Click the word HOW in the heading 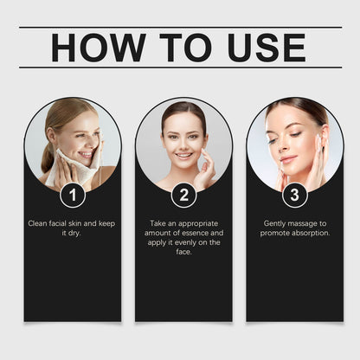pyautogui.click(x=98, y=48)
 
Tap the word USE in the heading pyautogui.click(x=267, y=48)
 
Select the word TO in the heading pyautogui.click(x=186, y=48)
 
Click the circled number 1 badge pyautogui.click(x=73, y=195)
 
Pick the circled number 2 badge pyautogui.click(x=183, y=195)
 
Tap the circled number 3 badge pyautogui.click(x=294, y=195)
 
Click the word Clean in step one pyautogui.click(x=37, y=223)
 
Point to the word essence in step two pyautogui.click(x=195, y=233)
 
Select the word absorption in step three pyautogui.click(x=311, y=233)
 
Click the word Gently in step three pyautogui.click(x=274, y=224)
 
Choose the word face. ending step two pyautogui.click(x=183, y=252)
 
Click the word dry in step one pyautogui.click(x=74, y=234)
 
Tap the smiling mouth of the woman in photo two pyautogui.click(x=183, y=156)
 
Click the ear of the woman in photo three pyautogui.click(x=323, y=135)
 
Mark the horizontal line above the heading pyautogui.click(x=180, y=28)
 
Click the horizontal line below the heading pyautogui.click(x=180, y=67)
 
